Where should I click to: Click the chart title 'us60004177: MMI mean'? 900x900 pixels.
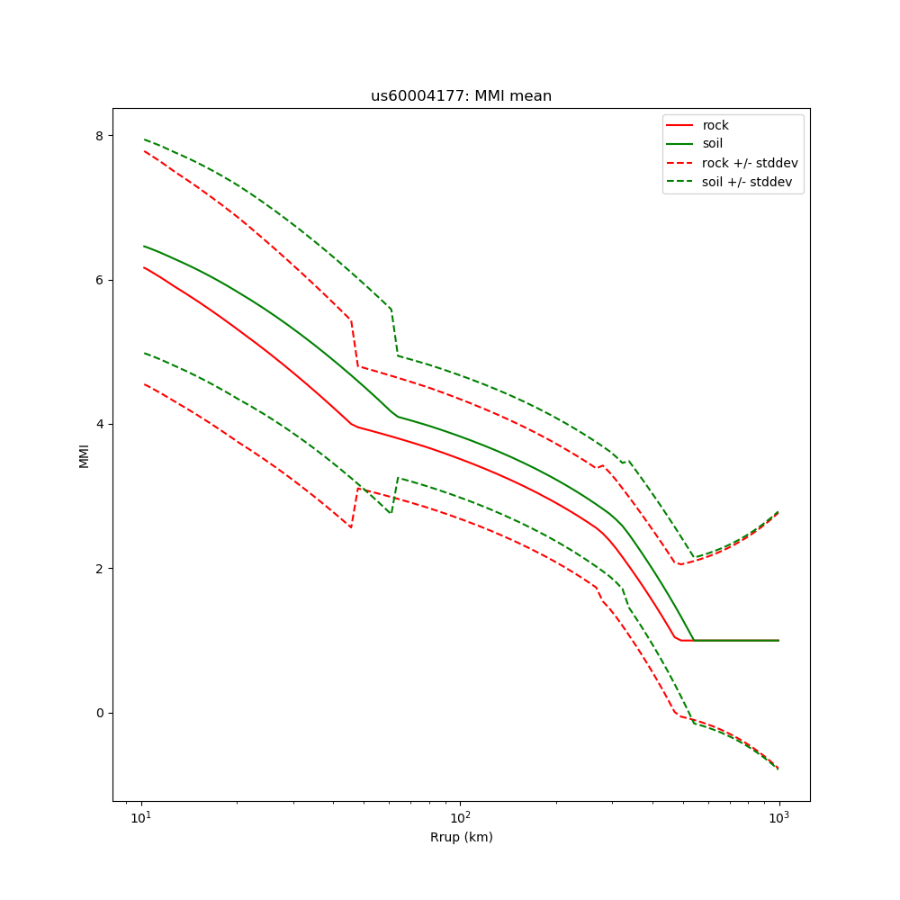[x=461, y=96]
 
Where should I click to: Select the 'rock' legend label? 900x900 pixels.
[x=715, y=125]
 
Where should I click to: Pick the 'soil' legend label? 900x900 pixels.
[x=713, y=143]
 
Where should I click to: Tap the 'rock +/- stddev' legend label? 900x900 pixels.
[x=750, y=163]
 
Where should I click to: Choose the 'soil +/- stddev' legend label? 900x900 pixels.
[x=749, y=181]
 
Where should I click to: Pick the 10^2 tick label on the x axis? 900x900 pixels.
[x=460, y=817]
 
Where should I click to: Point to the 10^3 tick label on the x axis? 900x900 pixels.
[x=778, y=817]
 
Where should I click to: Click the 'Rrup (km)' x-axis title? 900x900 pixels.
[x=461, y=837]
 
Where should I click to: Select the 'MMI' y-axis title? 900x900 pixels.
[x=84, y=454]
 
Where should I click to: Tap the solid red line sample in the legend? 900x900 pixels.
[x=680, y=125]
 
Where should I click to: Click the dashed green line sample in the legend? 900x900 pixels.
[x=680, y=181]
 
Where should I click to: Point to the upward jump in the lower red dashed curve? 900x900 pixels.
[x=355, y=508]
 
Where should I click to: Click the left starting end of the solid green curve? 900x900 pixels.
[x=144, y=246]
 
